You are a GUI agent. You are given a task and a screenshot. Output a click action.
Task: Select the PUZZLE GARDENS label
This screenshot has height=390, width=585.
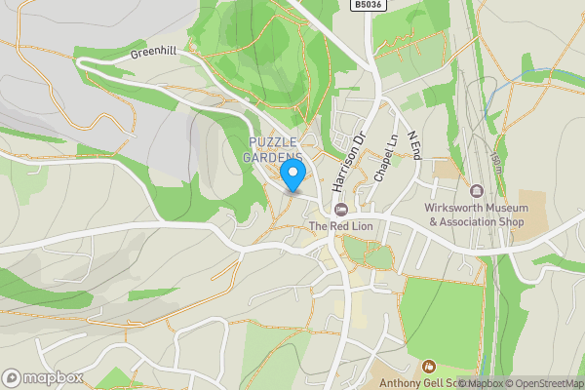click(x=274, y=150)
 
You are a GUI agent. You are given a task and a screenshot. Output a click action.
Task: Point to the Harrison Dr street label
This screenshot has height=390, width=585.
click(x=347, y=160)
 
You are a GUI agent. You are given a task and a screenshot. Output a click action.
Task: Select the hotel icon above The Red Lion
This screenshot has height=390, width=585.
click(x=340, y=210)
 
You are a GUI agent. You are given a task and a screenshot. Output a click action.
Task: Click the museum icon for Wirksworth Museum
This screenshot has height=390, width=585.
click(x=477, y=191)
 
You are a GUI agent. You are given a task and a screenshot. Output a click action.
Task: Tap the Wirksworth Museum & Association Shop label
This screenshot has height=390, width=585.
click(x=475, y=214)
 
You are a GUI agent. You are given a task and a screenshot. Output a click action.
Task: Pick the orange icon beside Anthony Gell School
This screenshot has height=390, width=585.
click(x=427, y=367)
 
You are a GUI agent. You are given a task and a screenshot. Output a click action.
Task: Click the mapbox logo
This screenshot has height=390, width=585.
click(x=43, y=377)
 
